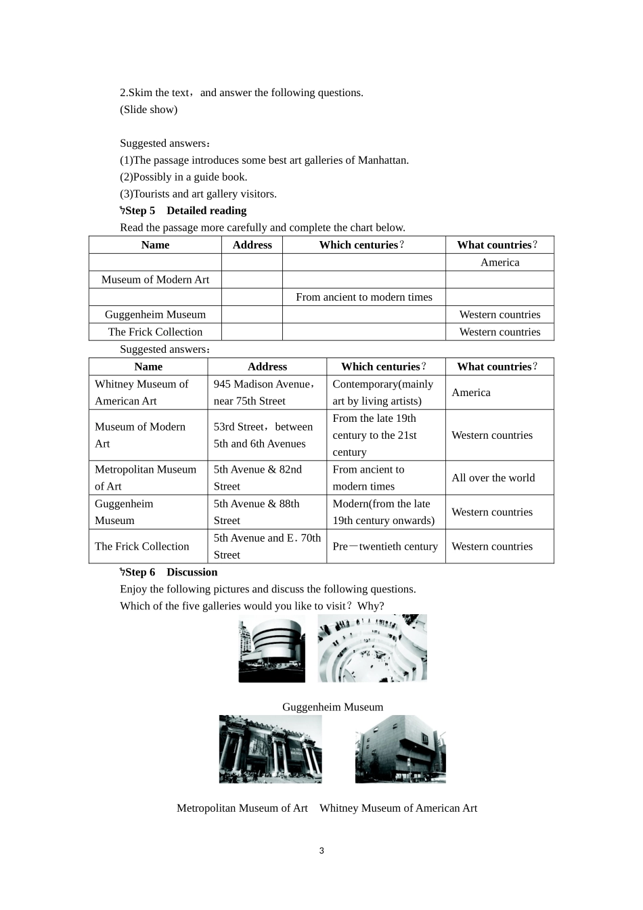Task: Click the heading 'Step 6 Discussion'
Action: (171, 572)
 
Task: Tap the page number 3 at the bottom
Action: (321, 850)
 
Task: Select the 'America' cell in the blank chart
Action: (500, 263)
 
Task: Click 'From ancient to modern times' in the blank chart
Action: (363, 297)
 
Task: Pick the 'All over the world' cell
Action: (493, 478)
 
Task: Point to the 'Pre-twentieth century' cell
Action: (385, 546)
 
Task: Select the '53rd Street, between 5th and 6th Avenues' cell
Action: (263, 435)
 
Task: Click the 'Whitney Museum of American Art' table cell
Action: (142, 393)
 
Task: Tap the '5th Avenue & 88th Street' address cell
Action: (257, 512)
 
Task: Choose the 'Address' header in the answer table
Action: (267, 367)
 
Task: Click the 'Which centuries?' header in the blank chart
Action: (363, 245)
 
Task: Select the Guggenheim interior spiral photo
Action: (372, 648)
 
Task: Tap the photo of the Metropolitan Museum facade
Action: (270, 749)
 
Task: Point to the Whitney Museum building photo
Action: (400, 749)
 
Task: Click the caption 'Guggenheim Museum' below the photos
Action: (332, 707)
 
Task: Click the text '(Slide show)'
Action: (148, 110)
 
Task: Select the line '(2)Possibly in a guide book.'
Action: (183, 177)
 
